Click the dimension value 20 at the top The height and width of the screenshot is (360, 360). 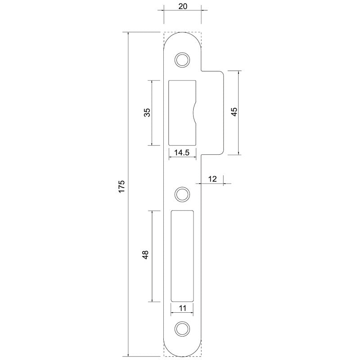pyautogui.click(x=182, y=6)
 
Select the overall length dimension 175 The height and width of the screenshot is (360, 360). pyautogui.click(x=121, y=187)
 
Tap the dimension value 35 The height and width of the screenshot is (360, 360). pyautogui.click(x=147, y=112)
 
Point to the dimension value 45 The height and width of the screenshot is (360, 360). pyautogui.click(x=234, y=112)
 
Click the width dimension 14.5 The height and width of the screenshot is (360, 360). pyautogui.click(x=182, y=153)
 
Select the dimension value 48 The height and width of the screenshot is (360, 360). pyautogui.click(x=145, y=256)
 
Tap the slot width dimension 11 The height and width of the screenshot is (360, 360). pyautogui.click(x=182, y=308)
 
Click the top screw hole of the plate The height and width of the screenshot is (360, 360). pyautogui.click(x=182, y=59)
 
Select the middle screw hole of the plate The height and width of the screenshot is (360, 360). pyautogui.click(x=182, y=194)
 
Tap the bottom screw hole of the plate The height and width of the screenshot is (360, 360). pyautogui.click(x=182, y=328)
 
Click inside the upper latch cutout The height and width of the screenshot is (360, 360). pyautogui.click(x=180, y=112)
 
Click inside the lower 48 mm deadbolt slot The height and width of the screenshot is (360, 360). pyautogui.click(x=182, y=256)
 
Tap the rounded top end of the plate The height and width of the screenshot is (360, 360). pyautogui.click(x=182, y=36)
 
